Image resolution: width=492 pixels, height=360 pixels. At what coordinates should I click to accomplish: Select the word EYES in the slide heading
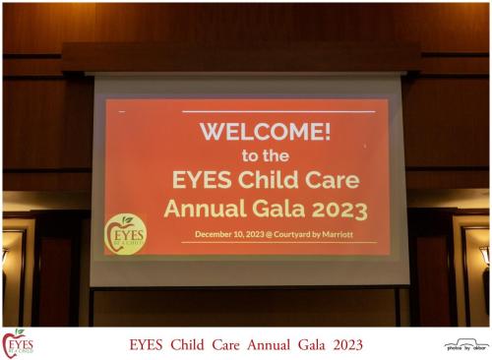point(204,181)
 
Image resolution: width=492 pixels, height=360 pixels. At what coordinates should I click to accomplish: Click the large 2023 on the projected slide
point(338,209)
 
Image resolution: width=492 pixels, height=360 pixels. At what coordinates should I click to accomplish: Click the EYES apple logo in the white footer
point(18,343)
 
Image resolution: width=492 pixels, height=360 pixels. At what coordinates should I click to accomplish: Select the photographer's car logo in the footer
point(465,343)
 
